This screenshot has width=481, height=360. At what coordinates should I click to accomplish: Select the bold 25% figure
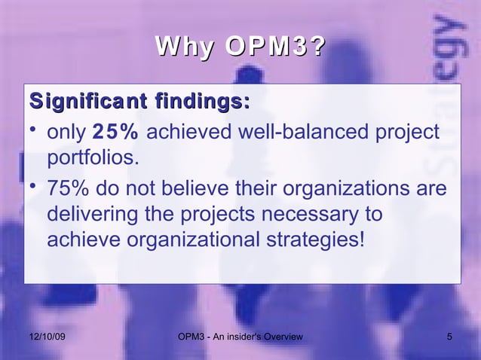pos(115,133)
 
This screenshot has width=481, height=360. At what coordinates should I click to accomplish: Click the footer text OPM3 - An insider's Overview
pos(238,336)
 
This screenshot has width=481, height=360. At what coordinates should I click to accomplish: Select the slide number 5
pos(449,336)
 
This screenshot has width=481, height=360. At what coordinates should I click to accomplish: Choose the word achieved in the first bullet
pos(185,133)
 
